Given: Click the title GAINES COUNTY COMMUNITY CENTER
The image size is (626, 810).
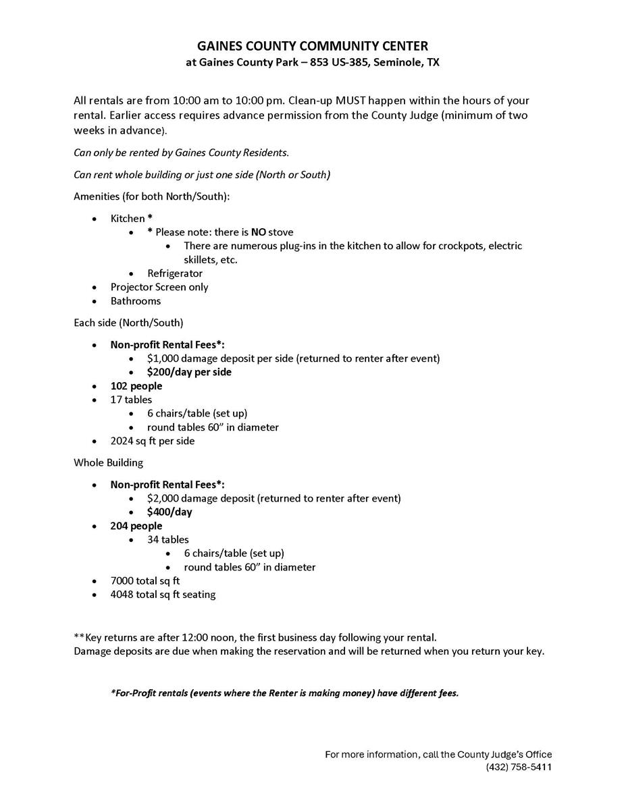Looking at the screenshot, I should pos(313,46).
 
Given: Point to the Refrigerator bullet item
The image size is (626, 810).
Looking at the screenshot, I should pos(175,273).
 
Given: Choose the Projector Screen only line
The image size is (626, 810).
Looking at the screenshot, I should pos(159,287).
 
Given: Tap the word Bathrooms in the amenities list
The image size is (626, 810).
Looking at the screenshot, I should pos(136,301).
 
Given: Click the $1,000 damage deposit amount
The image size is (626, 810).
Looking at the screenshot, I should pos(163,358).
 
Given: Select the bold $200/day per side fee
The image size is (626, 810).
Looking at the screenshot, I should pos(189,372).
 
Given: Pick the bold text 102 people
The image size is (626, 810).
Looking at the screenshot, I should pos(136,386).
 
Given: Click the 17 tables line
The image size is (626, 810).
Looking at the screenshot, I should pos(131,400).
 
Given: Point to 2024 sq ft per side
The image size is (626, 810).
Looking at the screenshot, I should pos(153,441).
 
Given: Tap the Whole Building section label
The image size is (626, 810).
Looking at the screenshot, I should pos(108,463).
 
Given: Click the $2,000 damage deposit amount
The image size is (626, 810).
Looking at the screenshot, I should pos(163,498).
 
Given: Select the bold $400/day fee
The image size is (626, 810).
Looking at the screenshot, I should pos(169,512).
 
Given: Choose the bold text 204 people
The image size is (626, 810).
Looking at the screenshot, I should pos(136,526).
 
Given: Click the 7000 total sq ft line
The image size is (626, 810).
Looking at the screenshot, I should pos(145,580).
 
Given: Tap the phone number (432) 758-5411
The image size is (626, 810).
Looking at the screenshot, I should pos(519,767).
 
